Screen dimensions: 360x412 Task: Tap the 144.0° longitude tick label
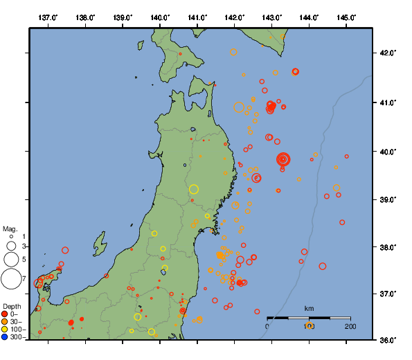[x=310, y=17]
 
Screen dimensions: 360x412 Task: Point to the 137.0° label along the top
[x=48, y=17]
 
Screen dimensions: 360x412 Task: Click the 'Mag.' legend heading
[x=10, y=228]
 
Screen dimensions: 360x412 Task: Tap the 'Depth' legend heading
[x=12, y=305]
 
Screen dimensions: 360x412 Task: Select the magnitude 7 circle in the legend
[x=11, y=279]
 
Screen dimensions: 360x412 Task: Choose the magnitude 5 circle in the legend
[x=11, y=259]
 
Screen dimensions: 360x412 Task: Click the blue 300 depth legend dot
[x=5, y=337]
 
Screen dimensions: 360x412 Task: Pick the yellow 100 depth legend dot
[x=5, y=330]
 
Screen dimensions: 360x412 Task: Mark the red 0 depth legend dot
[x=5, y=314]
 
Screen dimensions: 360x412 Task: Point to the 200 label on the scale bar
[x=350, y=326]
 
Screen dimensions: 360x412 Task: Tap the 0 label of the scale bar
[x=268, y=326]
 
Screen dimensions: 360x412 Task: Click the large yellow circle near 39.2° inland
[x=194, y=189]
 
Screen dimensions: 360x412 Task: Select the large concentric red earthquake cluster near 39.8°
[x=283, y=159]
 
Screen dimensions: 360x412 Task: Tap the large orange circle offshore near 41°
[x=239, y=107]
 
